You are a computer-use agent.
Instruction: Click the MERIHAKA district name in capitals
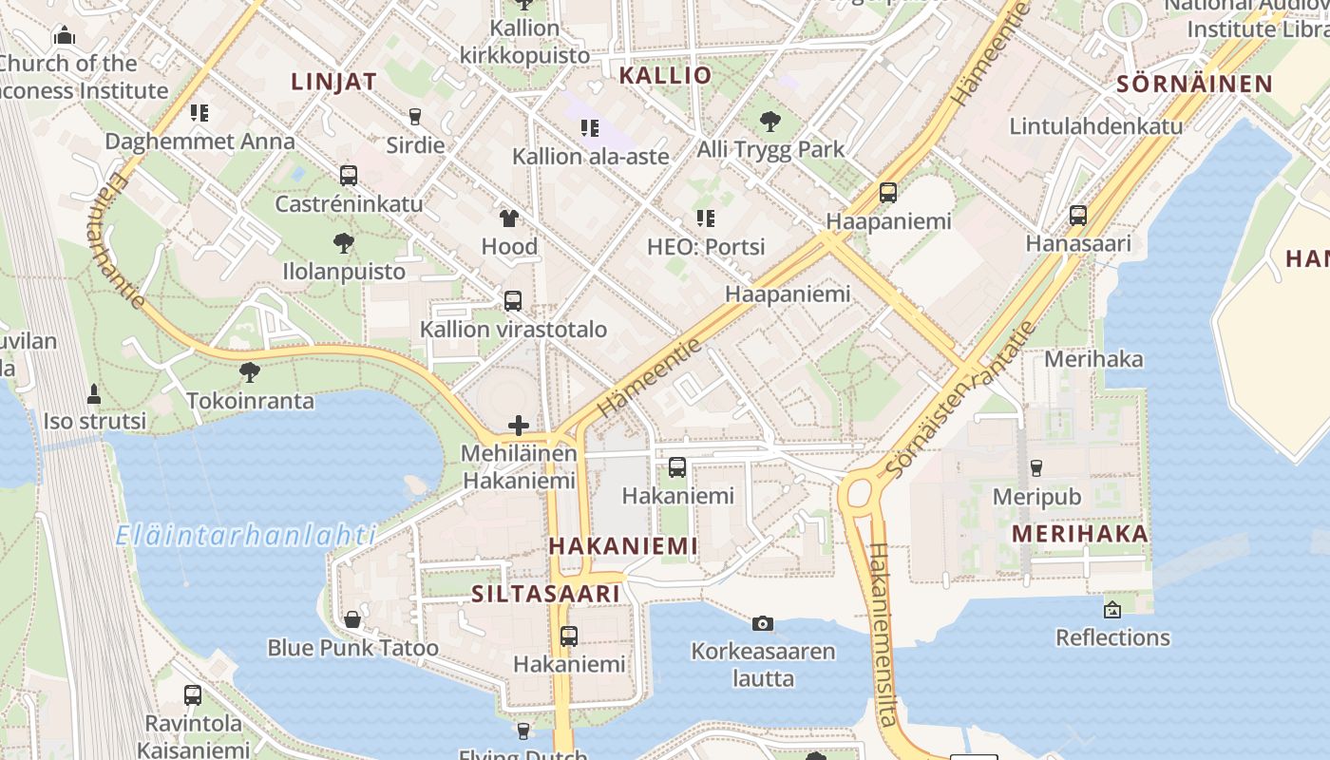[1079, 533]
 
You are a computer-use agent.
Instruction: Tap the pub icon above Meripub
[1036, 467]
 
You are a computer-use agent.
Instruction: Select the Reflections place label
[1112, 636]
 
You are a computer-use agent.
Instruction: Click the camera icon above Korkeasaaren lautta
[762, 623]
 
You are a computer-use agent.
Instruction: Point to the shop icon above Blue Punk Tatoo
[352, 619]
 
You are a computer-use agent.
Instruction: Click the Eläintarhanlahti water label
[245, 535]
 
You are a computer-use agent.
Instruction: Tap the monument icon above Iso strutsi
[94, 393]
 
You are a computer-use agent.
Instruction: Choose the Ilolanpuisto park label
[344, 271]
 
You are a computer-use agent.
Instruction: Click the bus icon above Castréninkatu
[349, 175]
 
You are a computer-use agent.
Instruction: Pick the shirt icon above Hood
[509, 218]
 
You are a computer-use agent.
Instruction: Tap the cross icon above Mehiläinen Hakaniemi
[519, 425]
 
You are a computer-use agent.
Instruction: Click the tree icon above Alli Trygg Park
[770, 122]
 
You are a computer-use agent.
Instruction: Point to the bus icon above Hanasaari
[1078, 216]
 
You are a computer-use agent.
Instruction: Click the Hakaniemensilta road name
[882, 634]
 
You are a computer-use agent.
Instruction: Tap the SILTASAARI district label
[545, 594]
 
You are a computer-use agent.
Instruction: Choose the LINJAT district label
[333, 82]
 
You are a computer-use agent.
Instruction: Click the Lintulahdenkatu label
[1095, 125]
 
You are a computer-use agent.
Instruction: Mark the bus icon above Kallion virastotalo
[513, 301]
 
